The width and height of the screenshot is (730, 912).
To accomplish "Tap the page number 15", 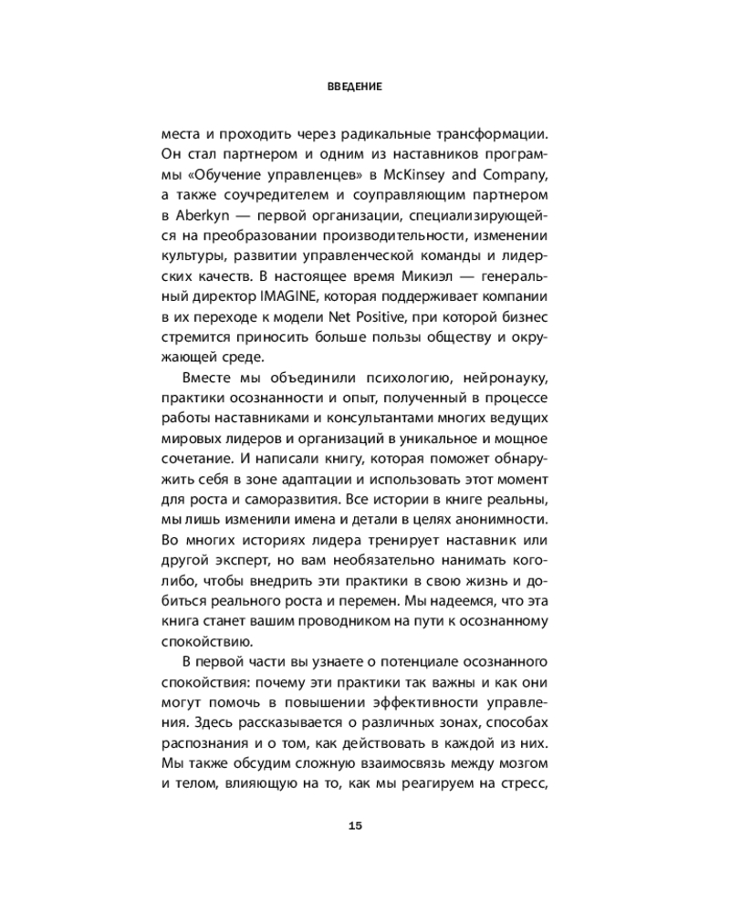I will [355, 826].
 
